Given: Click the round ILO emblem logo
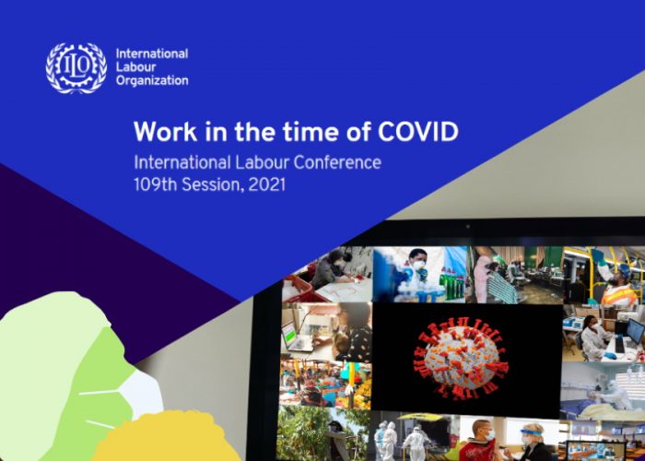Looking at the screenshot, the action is [76, 68].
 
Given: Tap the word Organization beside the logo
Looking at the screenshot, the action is [152, 80].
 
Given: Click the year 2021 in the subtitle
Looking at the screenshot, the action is [266, 184].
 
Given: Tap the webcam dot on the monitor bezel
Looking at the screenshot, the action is [468, 227].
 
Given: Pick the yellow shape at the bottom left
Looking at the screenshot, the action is [165, 437].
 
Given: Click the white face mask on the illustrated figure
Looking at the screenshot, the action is [140, 396].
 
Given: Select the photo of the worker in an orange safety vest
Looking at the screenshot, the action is [604, 275].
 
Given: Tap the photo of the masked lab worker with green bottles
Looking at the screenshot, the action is [419, 274].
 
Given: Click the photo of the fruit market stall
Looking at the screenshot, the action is [326, 384].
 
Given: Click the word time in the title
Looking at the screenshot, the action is [311, 132].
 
